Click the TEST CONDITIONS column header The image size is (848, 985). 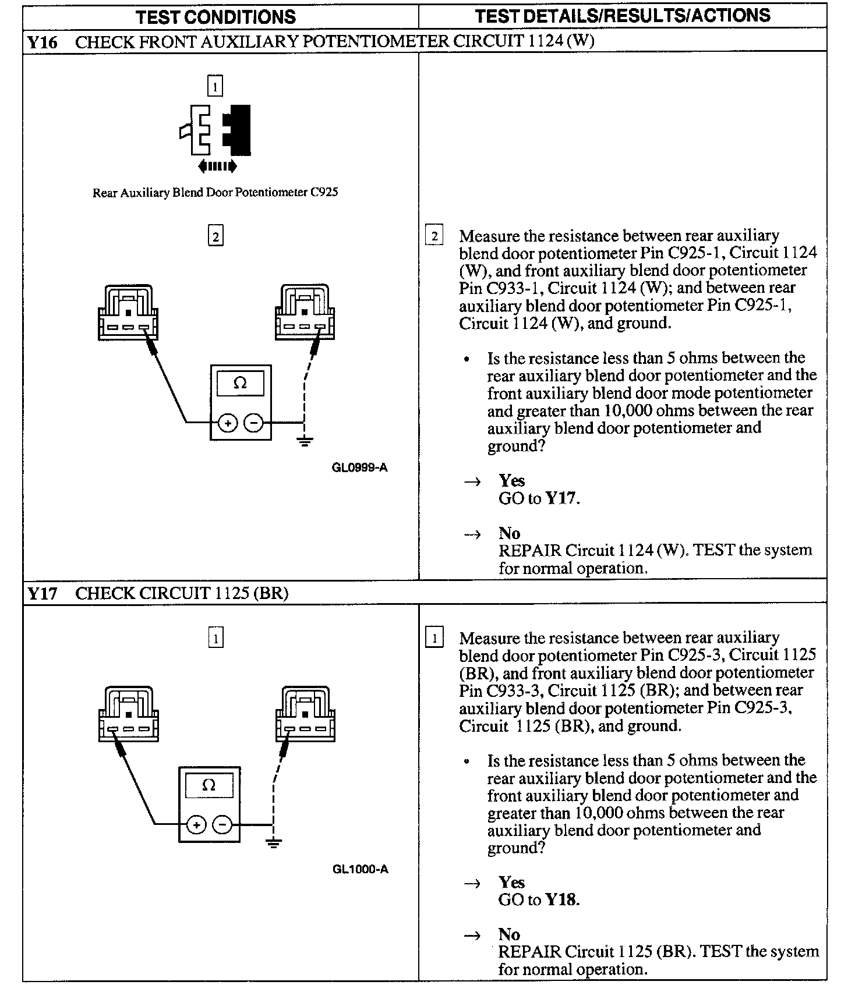point(215,17)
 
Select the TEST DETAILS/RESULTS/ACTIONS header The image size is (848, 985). point(622,16)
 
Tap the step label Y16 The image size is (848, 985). point(43,42)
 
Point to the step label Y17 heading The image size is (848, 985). point(43,593)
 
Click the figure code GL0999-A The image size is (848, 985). point(359,467)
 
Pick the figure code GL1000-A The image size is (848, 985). point(361,869)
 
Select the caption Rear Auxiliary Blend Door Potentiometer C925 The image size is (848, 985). point(215,193)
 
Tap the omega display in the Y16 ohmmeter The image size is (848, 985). point(240,384)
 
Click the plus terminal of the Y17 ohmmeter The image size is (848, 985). point(197,824)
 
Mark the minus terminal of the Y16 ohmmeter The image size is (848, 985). point(253,423)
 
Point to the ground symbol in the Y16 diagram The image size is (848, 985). point(305,441)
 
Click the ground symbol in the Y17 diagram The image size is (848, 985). point(273,842)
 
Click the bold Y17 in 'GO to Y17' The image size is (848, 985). point(561,499)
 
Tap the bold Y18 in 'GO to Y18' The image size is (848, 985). point(561,900)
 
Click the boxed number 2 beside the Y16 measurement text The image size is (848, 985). point(434,236)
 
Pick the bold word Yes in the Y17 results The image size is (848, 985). point(511,883)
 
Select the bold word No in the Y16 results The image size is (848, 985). point(509,533)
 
